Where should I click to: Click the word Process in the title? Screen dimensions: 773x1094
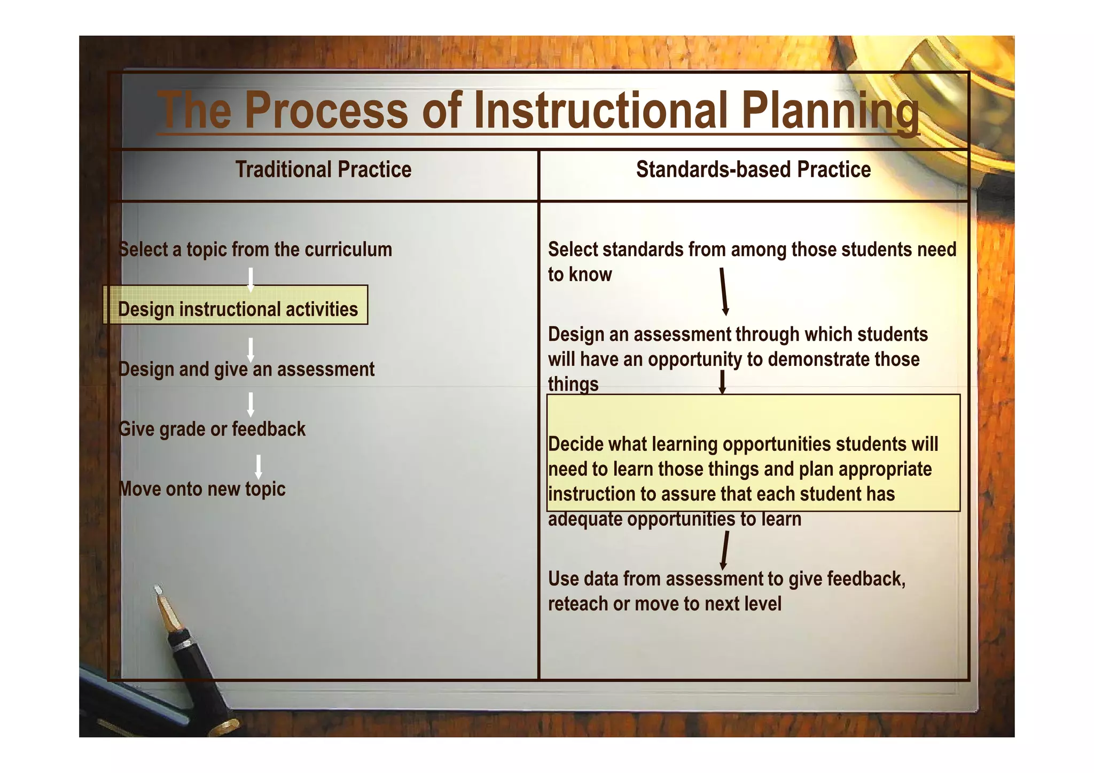coord(326,111)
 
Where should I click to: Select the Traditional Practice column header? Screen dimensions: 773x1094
coord(323,170)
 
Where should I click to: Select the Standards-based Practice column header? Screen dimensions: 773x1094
coord(753,170)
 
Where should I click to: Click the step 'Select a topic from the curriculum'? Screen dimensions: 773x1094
coord(255,249)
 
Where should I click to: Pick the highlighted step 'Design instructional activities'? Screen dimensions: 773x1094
coord(238,309)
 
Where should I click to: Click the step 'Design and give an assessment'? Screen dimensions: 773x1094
coord(246,369)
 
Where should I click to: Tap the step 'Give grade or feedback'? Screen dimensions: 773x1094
coord(212,429)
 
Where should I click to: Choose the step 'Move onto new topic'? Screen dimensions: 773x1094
coord(202,489)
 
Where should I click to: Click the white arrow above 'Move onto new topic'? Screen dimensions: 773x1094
coord(258,467)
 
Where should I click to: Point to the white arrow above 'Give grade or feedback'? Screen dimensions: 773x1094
coord(250,404)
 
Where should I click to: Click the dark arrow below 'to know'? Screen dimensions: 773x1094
coord(723,292)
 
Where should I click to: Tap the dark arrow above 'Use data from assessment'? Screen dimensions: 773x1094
coord(724,551)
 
